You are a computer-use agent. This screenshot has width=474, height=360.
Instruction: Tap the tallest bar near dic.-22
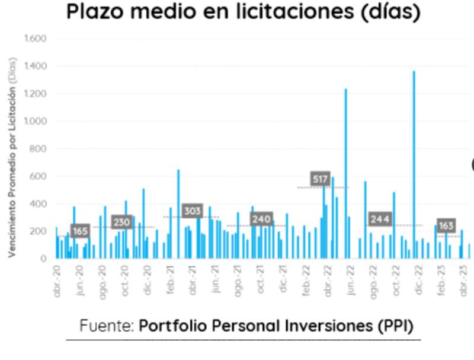tap(414, 166)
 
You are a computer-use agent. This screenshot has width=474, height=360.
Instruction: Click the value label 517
tap(320, 179)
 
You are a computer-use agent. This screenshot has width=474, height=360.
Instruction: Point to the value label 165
tap(80, 231)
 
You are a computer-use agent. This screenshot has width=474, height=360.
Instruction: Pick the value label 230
tap(121, 222)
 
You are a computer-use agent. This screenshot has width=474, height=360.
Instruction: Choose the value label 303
tap(192, 211)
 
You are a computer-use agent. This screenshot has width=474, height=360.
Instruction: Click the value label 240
tap(261, 219)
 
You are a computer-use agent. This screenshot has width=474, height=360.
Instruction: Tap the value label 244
tap(380, 219)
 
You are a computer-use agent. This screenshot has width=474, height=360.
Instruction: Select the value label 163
tap(446, 225)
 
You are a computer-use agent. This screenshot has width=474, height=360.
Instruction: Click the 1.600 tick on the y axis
tap(35, 39)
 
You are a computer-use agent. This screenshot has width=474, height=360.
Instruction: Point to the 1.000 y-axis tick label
tap(35, 122)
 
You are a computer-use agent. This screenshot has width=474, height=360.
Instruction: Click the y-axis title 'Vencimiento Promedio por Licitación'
tap(12, 157)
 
